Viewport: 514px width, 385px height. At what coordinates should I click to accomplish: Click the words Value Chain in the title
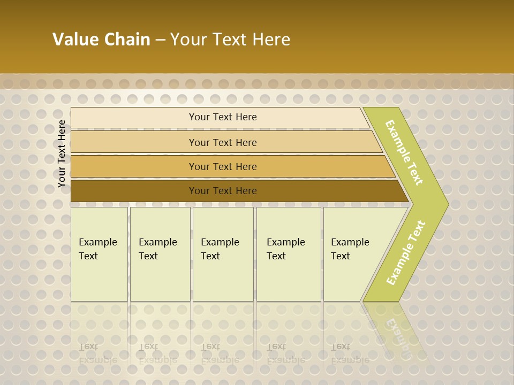tap(101, 40)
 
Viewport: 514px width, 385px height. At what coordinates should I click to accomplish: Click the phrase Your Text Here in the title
tap(230, 40)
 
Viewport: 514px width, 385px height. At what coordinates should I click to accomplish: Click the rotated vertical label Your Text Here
tap(62, 154)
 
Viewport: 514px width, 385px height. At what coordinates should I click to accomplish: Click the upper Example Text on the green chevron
tap(404, 152)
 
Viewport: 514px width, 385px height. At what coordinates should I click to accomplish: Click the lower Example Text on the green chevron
tap(406, 253)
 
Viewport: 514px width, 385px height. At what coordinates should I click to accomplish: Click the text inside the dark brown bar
tap(223, 191)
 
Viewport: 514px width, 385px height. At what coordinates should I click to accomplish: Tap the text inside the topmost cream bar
tap(223, 117)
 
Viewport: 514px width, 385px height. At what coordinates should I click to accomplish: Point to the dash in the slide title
tap(160, 40)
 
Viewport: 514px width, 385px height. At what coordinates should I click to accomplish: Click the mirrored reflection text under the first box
tap(97, 353)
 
